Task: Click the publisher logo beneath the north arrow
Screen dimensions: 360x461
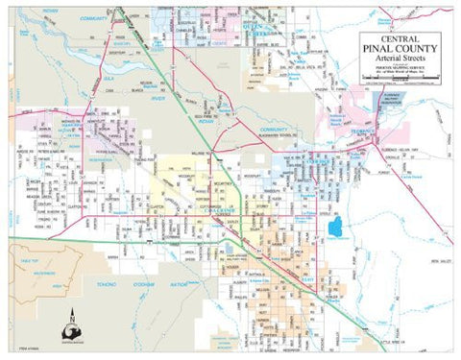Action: pyautogui.click(x=75, y=336)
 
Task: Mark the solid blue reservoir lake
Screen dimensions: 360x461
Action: pyautogui.click(x=335, y=228)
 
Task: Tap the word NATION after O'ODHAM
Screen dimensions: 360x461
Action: pyautogui.click(x=180, y=284)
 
